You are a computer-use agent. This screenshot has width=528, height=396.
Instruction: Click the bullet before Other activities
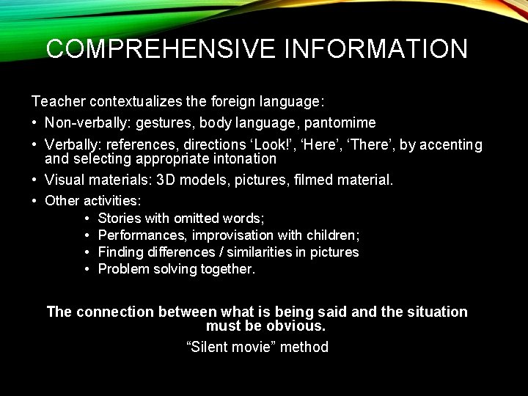click(34, 200)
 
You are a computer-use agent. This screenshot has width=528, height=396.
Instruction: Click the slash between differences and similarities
click(207, 252)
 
